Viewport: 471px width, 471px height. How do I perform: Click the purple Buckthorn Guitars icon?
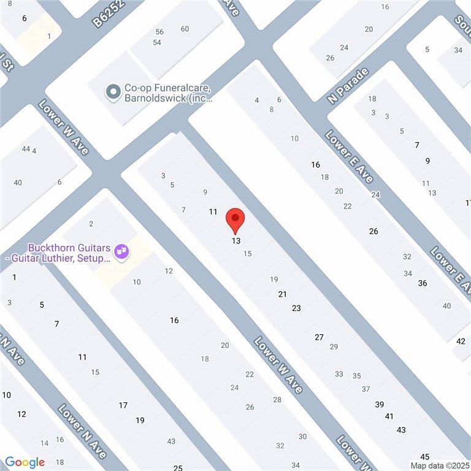pos(122,251)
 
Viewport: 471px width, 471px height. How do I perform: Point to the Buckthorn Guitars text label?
pos(69,253)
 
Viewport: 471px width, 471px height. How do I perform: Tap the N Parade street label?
pos(349,86)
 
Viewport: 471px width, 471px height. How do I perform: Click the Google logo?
pos(25,462)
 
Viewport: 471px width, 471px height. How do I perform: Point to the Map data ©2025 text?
pos(439,465)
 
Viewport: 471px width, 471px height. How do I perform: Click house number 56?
pos(159,32)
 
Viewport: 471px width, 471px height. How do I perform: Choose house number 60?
pos(185,29)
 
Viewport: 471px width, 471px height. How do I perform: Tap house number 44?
pos(25,149)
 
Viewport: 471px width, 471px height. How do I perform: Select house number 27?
pos(319,337)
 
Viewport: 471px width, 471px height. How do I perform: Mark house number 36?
pos(422,283)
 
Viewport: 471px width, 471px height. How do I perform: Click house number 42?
pos(461,341)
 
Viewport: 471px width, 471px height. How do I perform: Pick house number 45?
pos(424,456)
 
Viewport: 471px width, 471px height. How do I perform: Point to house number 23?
pos(296,308)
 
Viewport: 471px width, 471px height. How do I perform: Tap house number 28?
pos(277,400)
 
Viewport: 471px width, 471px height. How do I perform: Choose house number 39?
pos(380,404)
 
